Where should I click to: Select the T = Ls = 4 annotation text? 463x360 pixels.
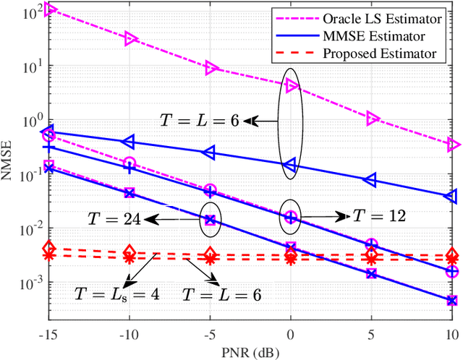tap(116, 294)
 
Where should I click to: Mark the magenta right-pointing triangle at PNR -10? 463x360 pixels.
tap(130, 38)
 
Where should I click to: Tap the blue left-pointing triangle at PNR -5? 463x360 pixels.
tap(210, 153)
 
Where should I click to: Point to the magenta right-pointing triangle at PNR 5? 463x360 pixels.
tap(372, 118)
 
